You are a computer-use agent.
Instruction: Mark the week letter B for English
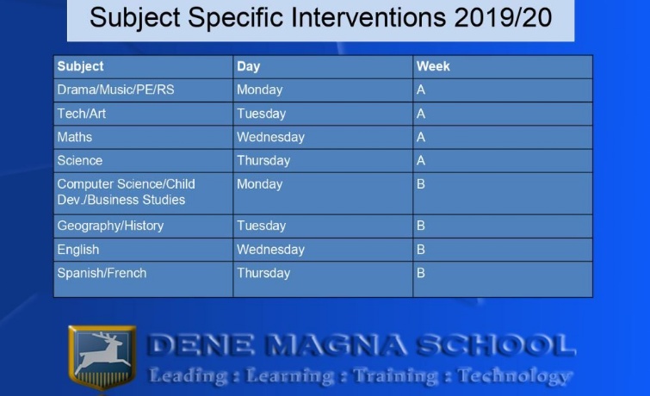(421, 250)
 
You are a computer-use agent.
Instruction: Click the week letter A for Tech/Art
(421, 114)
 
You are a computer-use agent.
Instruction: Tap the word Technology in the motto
(513, 376)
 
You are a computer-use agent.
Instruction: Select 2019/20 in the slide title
(503, 18)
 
